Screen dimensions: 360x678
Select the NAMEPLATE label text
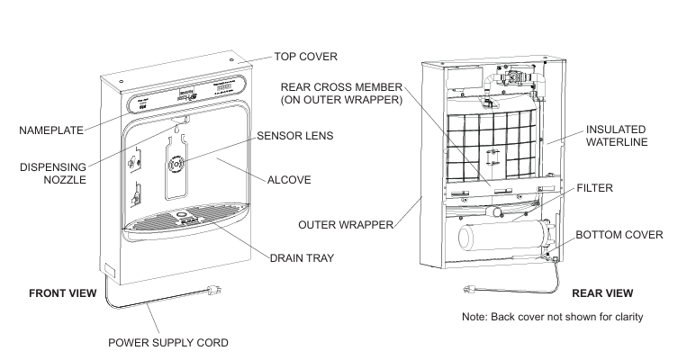click(x=51, y=130)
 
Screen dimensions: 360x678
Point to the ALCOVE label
click(x=290, y=180)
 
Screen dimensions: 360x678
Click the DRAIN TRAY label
click(x=302, y=258)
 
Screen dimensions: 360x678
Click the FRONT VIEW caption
click(x=64, y=293)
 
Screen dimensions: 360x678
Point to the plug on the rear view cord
click(x=470, y=290)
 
